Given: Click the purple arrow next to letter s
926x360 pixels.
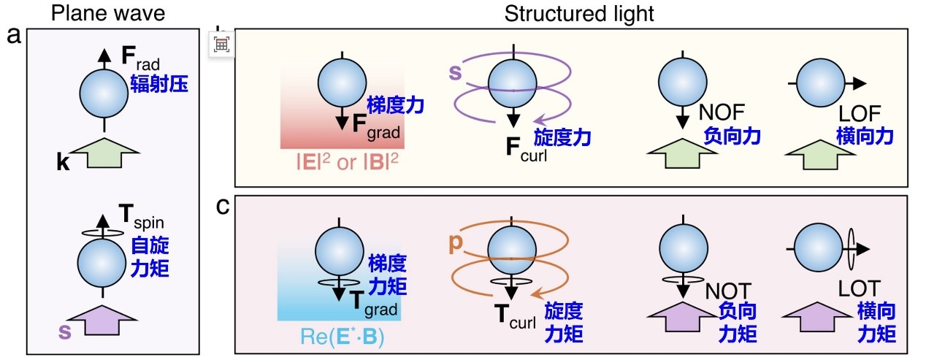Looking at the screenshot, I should (x=104, y=319).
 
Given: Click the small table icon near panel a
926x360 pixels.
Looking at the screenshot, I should (x=221, y=44).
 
